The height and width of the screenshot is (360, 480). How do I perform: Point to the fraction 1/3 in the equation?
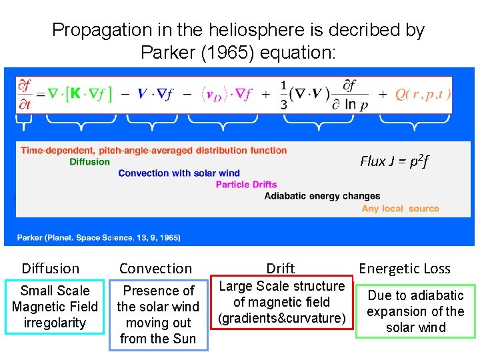284,94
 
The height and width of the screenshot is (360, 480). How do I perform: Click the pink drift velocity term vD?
214,95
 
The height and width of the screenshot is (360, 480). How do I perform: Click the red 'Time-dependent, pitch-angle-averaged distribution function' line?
154,151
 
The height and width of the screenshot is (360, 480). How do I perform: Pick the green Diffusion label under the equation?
89,162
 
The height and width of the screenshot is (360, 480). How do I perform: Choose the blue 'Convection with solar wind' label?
179,173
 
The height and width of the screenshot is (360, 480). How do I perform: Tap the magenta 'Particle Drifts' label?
246,185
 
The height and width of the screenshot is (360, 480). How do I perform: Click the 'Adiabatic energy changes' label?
322,196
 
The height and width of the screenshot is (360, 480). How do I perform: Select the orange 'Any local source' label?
400,209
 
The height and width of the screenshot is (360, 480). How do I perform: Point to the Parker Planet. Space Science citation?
99,237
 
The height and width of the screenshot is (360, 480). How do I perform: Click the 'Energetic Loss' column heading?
405,269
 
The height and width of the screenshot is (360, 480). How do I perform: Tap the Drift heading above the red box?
281,268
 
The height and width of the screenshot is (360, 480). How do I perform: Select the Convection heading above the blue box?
155,269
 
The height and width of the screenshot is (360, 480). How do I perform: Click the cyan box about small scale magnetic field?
55,307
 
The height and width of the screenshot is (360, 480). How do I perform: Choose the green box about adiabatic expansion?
415,311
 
